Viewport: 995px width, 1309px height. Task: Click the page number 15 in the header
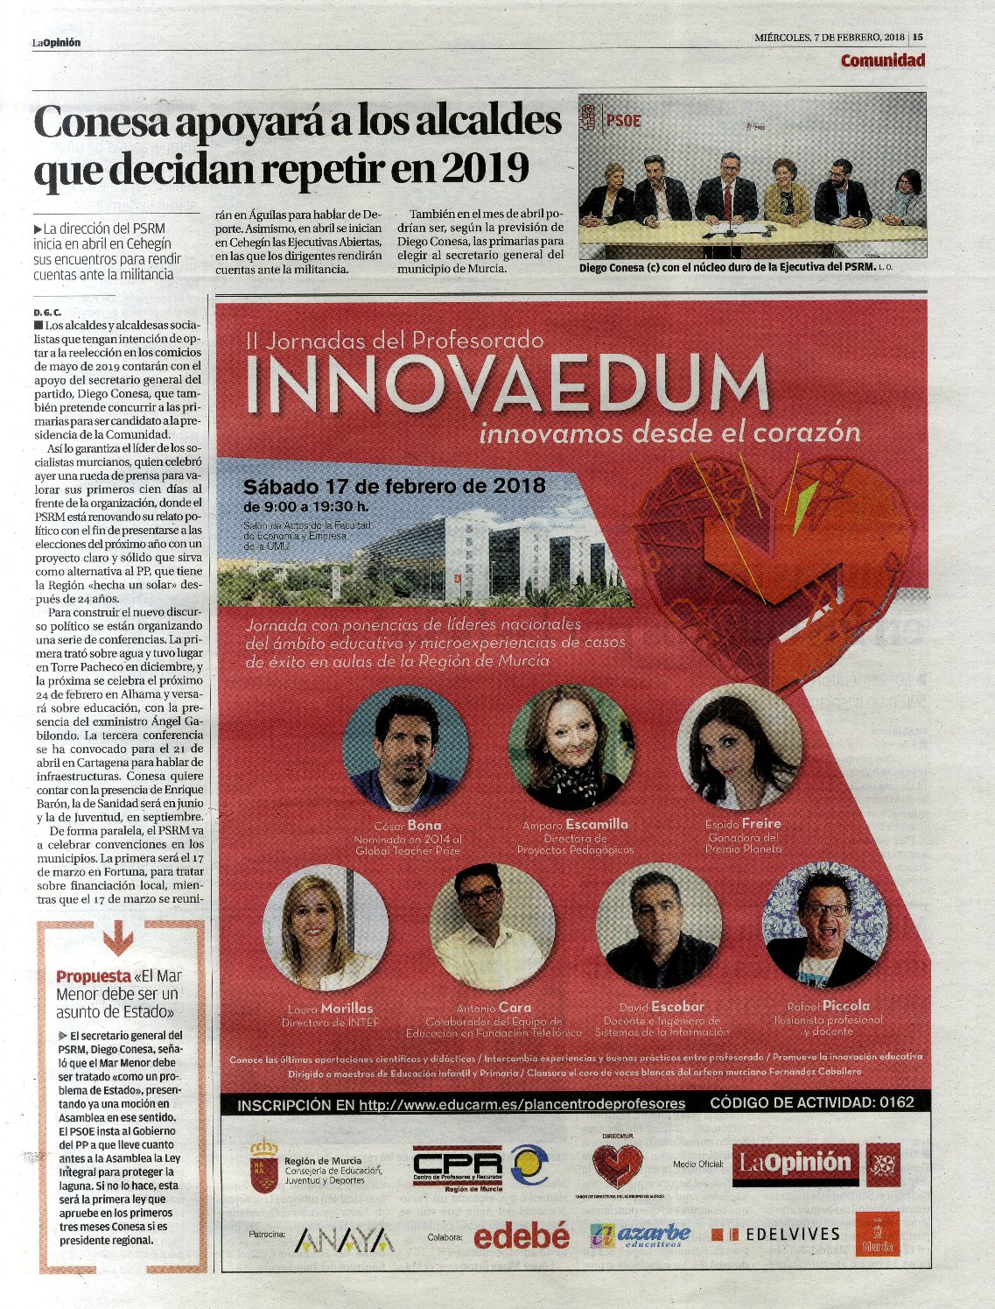pos(918,37)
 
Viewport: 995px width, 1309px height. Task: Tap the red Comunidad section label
pos(882,60)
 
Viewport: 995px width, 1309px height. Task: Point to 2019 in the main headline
pos(486,165)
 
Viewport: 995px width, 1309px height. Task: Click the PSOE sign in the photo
pos(622,119)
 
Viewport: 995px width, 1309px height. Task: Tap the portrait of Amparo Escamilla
pos(571,747)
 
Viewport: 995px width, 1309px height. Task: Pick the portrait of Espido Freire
pos(739,747)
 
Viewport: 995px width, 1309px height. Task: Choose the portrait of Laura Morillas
pos(326,931)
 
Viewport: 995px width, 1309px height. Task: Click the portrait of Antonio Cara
pos(492,927)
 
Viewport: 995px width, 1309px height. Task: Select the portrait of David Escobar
pos(659,927)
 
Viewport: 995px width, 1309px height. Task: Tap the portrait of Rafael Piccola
pos(825,925)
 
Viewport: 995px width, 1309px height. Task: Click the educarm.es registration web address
pos(522,1103)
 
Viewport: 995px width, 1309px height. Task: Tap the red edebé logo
pos(521,1235)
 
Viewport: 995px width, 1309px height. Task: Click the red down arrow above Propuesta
pos(118,940)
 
